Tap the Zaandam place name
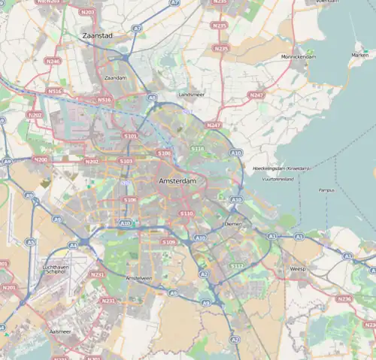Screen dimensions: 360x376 click(115, 77)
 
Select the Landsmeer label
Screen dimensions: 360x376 click(191, 95)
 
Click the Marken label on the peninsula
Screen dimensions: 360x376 click(359, 55)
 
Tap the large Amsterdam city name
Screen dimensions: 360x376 click(178, 182)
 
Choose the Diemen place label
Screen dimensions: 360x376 click(233, 224)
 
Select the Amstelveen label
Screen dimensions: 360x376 click(139, 277)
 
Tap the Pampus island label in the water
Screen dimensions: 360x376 click(326, 190)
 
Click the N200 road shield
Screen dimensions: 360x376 click(40, 159)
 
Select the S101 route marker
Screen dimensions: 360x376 click(130, 136)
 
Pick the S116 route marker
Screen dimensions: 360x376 click(197, 149)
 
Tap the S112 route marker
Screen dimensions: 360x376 click(237, 265)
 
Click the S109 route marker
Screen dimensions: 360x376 click(168, 242)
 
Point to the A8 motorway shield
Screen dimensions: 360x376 click(152, 98)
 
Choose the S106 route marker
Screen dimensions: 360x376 click(129, 200)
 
